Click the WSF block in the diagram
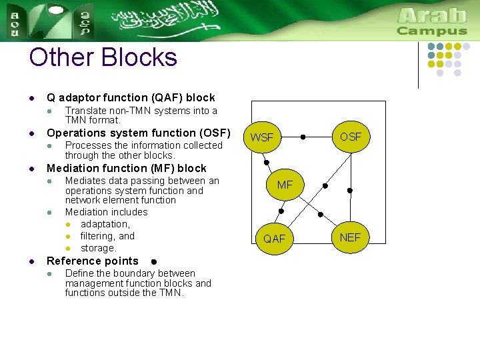262,137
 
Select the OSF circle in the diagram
351,137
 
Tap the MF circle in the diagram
285,185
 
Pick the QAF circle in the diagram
274,238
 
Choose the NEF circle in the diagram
350,237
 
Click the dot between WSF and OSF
303,137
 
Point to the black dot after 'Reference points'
153,262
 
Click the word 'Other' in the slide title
60,57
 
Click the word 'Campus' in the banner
432,31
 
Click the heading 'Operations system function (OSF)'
138,133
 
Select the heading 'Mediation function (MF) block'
127,168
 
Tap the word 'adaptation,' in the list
105,224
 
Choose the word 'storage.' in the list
98,248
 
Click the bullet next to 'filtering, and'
68,237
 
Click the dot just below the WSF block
265,162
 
